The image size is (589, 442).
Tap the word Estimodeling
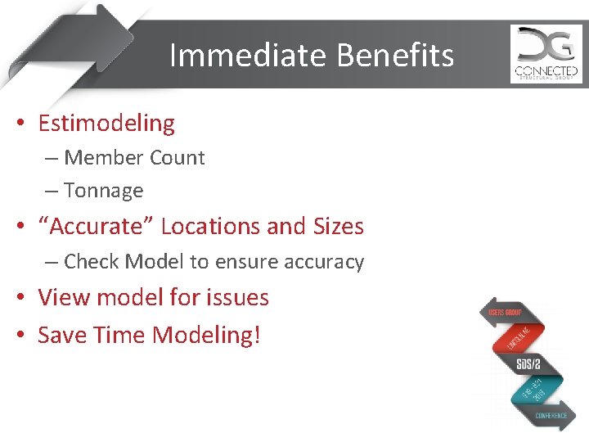point(106,124)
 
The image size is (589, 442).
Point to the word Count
point(177,158)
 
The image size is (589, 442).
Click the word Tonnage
point(103,191)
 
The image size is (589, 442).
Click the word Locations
point(215,226)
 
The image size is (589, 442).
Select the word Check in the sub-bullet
point(90,262)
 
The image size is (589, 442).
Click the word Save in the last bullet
point(62,335)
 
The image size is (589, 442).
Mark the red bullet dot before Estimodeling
point(22,124)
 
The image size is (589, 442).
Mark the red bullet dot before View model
point(22,298)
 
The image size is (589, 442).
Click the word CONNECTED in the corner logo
point(546,70)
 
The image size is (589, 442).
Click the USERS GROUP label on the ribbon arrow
point(506,313)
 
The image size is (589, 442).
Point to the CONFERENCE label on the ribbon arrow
point(551,416)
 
